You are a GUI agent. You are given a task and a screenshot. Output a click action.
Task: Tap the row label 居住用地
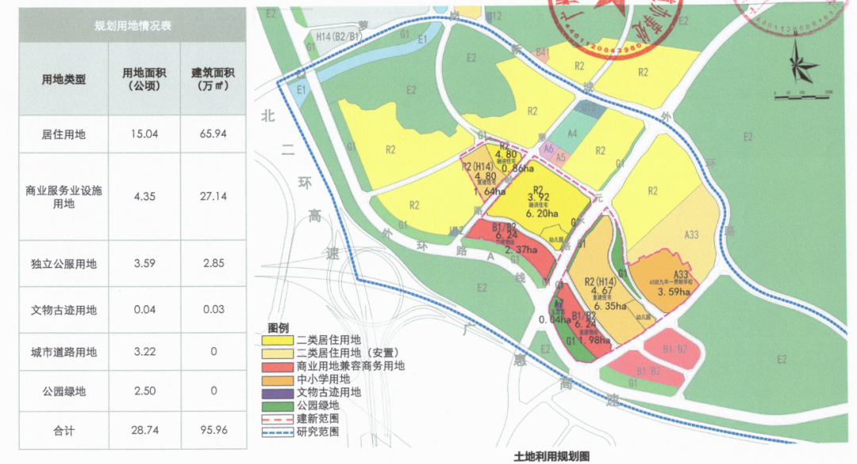pos(63,134)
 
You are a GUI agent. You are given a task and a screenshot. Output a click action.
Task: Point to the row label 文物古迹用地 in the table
pos(63,310)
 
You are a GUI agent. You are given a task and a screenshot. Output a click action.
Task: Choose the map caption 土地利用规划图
pos(551,456)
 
